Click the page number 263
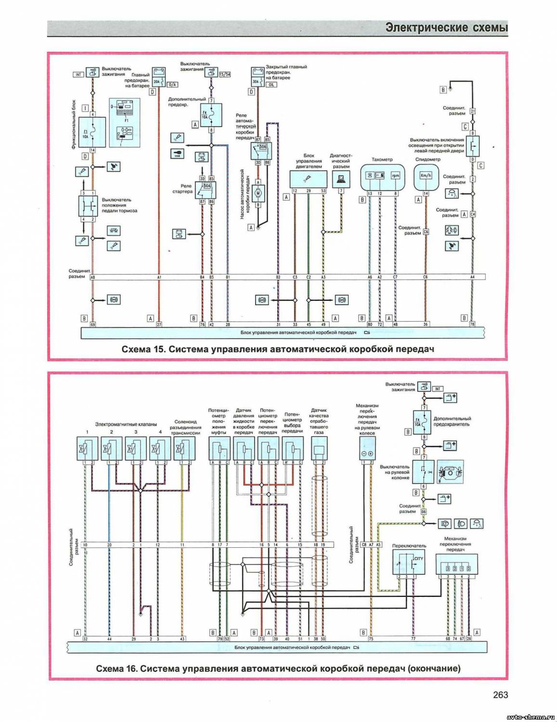(500, 695)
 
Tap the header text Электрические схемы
(446, 28)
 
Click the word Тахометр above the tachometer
(382, 159)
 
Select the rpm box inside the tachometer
(395, 176)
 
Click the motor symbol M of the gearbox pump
(258, 193)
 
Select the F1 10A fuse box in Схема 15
(92, 132)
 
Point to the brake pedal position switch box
(88, 206)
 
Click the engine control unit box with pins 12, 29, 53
(308, 178)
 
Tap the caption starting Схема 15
(278, 349)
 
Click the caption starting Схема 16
(278, 668)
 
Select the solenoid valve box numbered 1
(88, 449)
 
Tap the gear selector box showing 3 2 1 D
(456, 564)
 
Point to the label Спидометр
(427, 159)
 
